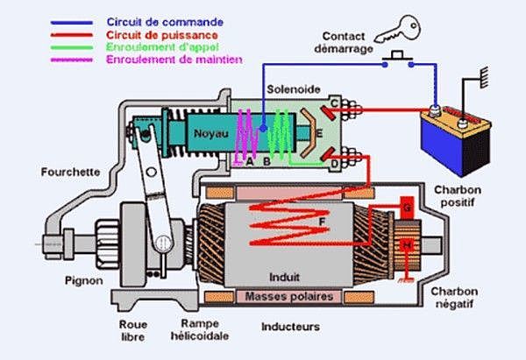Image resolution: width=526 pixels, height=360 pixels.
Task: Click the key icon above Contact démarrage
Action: click(x=398, y=30)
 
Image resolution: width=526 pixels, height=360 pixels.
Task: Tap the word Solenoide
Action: click(x=294, y=89)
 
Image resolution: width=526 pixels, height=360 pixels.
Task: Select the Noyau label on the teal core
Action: click(x=211, y=134)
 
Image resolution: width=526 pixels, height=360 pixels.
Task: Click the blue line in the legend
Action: click(x=72, y=23)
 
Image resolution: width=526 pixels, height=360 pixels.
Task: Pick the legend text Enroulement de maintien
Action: click(x=174, y=60)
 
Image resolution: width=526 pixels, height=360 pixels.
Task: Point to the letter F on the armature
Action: click(x=322, y=222)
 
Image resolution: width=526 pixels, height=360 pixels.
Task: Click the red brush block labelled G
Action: click(x=408, y=208)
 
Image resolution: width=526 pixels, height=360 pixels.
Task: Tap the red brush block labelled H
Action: click(x=408, y=245)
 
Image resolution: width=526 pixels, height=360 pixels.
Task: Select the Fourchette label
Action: click(x=70, y=172)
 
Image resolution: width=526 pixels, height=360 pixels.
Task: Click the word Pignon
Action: click(x=84, y=280)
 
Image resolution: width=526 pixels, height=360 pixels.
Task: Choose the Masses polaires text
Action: click(x=288, y=296)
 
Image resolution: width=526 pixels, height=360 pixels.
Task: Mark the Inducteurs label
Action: click(x=290, y=327)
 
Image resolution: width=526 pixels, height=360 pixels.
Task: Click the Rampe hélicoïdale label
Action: click(x=200, y=330)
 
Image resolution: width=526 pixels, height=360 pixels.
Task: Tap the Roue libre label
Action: click(x=133, y=330)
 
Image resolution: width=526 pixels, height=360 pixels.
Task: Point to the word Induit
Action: click(x=284, y=277)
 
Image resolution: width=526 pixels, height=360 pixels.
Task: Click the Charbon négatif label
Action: click(x=454, y=298)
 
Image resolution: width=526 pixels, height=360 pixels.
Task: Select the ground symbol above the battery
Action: click(x=484, y=77)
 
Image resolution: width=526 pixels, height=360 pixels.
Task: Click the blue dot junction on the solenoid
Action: click(x=264, y=129)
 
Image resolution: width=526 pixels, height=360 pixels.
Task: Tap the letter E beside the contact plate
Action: click(x=319, y=134)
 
